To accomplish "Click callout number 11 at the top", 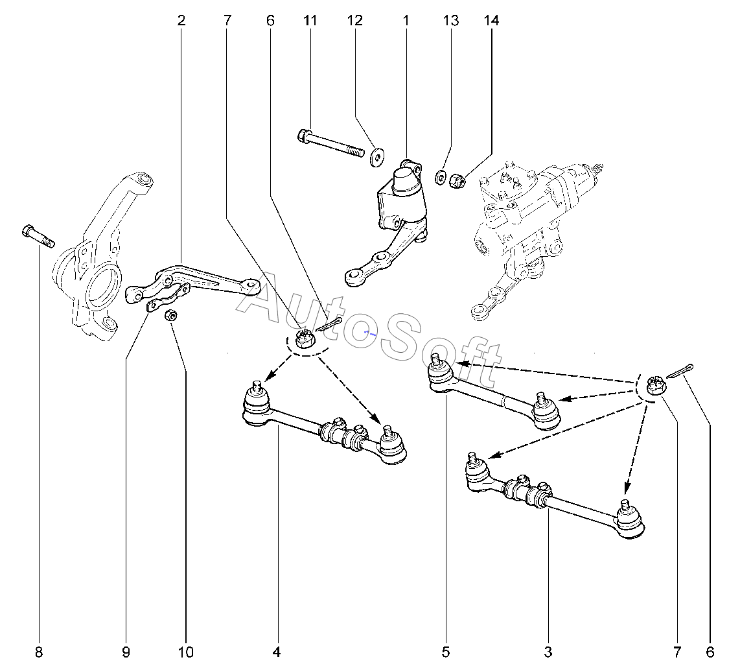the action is click(x=310, y=20).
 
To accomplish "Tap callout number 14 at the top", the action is click(x=491, y=20).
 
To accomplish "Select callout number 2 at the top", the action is click(x=181, y=20).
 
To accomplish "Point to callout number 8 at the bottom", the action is click(x=39, y=652).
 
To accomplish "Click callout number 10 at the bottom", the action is click(x=186, y=652).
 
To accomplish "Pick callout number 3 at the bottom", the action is click(x=548, y=652).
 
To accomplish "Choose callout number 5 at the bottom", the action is click(x=446, y=652).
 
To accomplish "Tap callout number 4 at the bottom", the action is click(x=277, y=652).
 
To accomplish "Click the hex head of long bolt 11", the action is click(x=303, y=136).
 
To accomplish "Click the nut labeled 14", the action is click(x=456, y=180).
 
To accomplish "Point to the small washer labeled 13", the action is click(x=440, y=178).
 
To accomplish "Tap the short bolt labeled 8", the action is click(x=38, y=236).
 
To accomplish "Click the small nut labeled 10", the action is click(x=170, y=315).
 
